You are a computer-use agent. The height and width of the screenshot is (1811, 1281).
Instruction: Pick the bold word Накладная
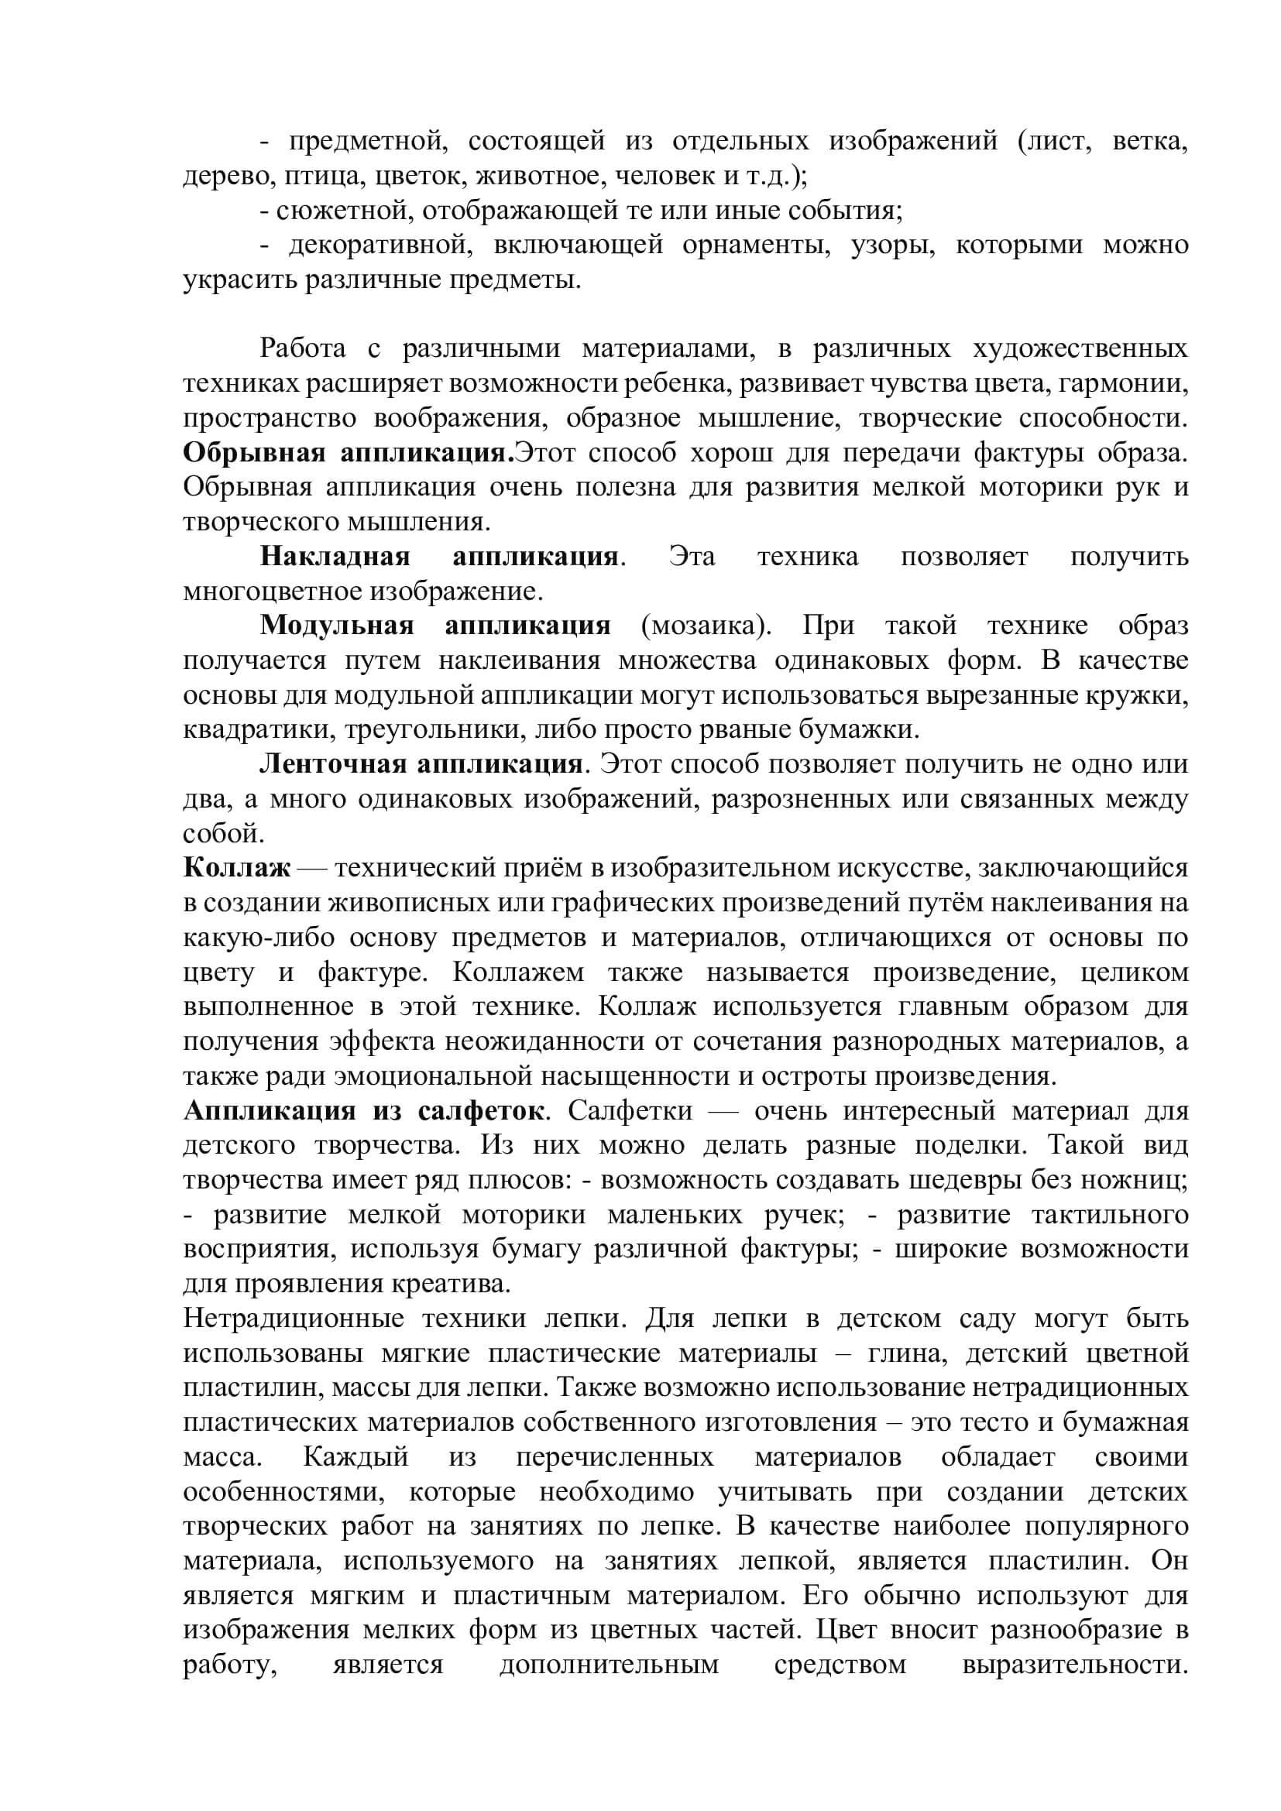(x=335, y=557)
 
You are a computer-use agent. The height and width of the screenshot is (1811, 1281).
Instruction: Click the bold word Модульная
(x=337, y=626)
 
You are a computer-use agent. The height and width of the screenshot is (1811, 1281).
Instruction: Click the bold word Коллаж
(x=238, y=869)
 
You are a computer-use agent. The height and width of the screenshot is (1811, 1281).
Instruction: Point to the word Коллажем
(x=518, y=972)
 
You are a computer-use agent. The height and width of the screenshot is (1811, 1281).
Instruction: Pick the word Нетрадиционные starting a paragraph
(x=294, y=1319)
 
